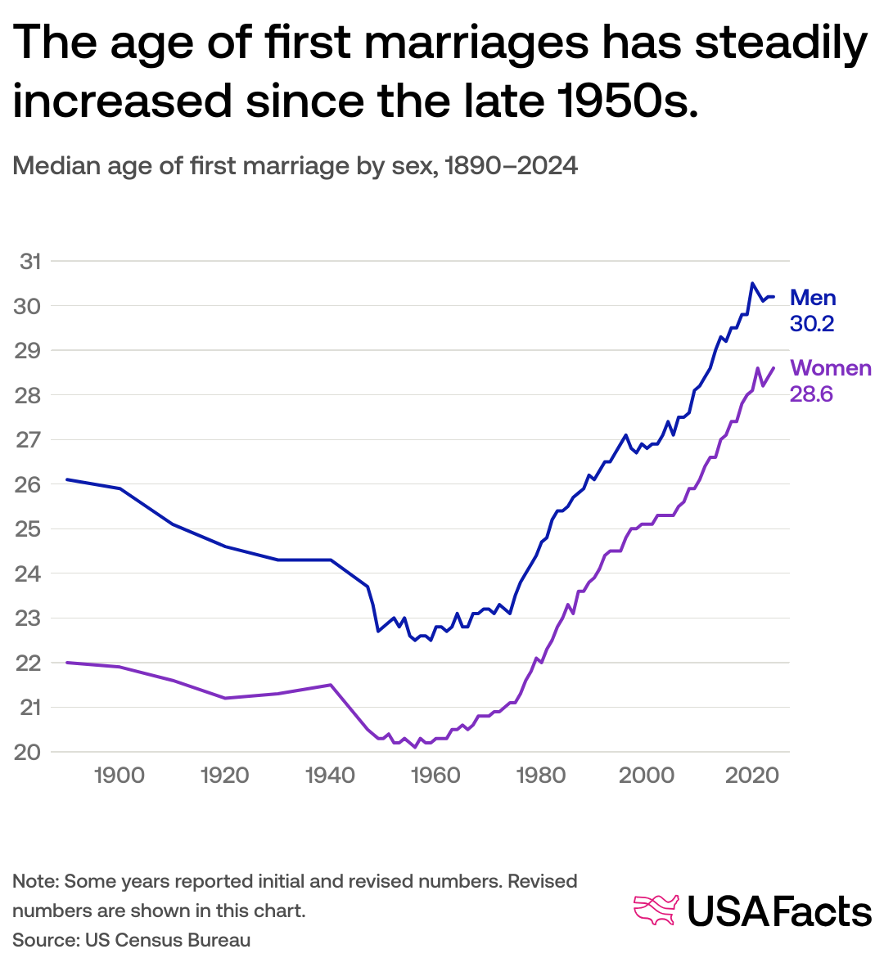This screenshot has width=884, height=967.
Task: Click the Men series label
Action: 813,299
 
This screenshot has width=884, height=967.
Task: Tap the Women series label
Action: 830,369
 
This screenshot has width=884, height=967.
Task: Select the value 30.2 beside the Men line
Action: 811,324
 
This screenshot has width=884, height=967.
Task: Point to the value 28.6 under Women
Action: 810,394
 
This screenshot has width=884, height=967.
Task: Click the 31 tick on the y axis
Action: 30,262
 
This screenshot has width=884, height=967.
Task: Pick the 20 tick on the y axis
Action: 30,752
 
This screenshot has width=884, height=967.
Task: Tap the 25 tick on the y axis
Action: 30,529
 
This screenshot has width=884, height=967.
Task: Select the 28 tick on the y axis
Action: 30,395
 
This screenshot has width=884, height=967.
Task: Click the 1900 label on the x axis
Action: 120,776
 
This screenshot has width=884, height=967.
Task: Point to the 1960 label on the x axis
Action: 435,776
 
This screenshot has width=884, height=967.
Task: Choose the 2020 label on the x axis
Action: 751,776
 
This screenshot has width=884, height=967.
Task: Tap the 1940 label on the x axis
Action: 331,776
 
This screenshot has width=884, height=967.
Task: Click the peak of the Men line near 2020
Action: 752,283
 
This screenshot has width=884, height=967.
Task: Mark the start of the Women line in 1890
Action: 67,663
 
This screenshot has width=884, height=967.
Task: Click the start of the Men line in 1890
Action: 67,479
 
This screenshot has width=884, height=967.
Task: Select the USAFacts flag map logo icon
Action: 656,911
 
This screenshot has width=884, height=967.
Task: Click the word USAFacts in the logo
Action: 778,911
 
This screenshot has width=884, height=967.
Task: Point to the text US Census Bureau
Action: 168,940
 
